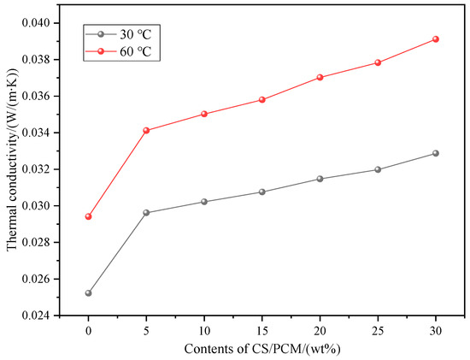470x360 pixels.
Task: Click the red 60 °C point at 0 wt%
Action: tap(88, 216)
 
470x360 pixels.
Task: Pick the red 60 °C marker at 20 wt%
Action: tap(320, 77)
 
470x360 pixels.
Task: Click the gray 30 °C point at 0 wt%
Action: tap(88, 293)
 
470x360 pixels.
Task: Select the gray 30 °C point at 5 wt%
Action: tap(146, 212)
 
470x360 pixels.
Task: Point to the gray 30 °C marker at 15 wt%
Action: tap(261, 192)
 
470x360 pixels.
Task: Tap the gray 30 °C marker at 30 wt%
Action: tap(436, 153)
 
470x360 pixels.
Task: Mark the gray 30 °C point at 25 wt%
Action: tap(378, 169)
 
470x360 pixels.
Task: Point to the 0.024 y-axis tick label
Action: tap(33, 316)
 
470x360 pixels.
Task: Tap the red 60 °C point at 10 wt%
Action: tap(204, 114)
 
